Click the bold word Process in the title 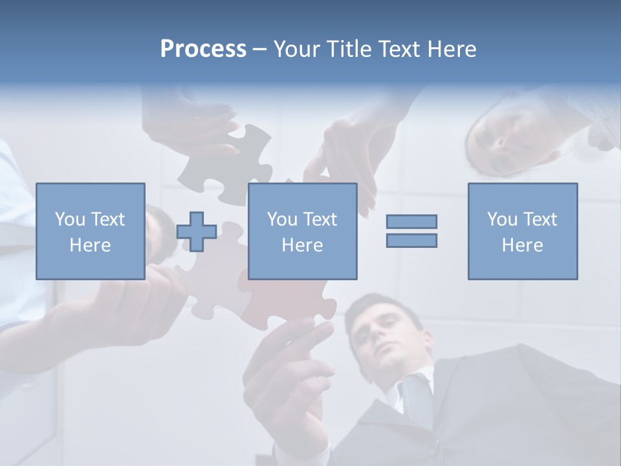203,49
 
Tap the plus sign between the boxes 197,232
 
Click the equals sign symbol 411,231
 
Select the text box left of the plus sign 91,231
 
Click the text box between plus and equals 302,231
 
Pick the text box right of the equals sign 522,231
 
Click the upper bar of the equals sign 411,222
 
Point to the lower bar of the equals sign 411,240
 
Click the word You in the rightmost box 501,219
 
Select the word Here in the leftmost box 91,245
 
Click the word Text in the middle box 320,219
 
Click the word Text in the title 396,49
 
